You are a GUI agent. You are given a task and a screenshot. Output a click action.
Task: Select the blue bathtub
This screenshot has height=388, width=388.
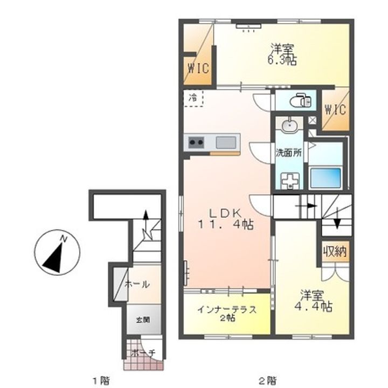(x=325, y=177)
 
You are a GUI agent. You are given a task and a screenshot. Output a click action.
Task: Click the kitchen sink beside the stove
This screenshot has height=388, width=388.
(x=225, y=143)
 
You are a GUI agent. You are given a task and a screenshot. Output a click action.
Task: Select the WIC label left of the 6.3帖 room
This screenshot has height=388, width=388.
(x=198, y=69)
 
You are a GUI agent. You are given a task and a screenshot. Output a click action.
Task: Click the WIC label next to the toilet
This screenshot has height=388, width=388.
(x=335, y=110)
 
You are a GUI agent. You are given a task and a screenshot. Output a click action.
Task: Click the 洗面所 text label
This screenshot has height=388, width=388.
(x=289, y=152)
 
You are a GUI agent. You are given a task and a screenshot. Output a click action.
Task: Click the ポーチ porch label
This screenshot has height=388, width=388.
(x=143, y=352)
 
